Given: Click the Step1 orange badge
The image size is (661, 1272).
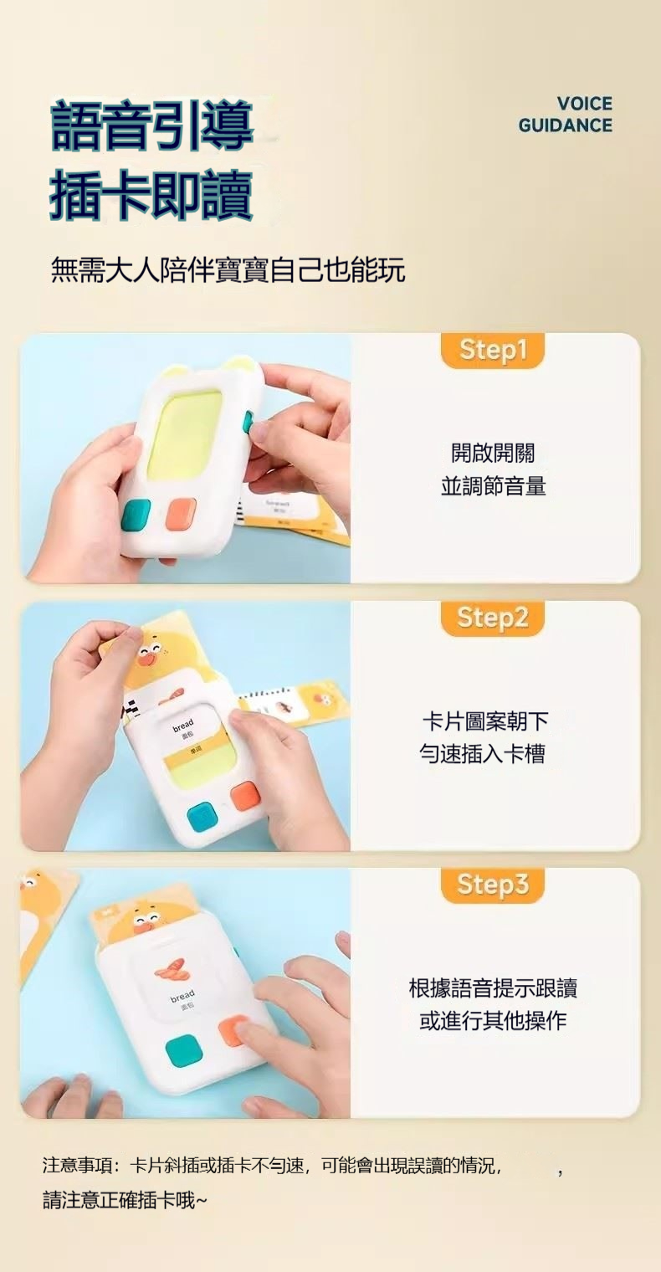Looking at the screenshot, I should click(493, 351).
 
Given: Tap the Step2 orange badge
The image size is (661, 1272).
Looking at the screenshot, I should click(493, 618).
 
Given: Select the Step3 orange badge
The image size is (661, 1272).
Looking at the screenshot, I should click(493, 885).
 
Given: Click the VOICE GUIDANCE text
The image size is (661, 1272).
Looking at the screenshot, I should click(565, 115).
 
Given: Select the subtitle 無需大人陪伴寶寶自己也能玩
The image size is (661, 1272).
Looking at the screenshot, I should click(228, 270).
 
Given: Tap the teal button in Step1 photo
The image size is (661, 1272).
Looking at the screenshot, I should click(136, 515).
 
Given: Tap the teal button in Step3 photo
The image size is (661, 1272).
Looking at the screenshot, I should click(182, 1051).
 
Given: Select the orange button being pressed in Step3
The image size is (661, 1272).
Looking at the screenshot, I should click(233, 1031).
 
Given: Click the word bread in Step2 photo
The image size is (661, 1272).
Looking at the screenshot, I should click(182, 725).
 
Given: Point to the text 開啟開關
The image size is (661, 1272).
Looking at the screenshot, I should click(493, 453).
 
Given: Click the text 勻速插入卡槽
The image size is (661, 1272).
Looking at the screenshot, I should click(482, 754).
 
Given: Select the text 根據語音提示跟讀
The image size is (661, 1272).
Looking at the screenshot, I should click(493, 988).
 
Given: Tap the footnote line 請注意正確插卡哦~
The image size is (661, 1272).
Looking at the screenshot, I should click(125, 1201).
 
